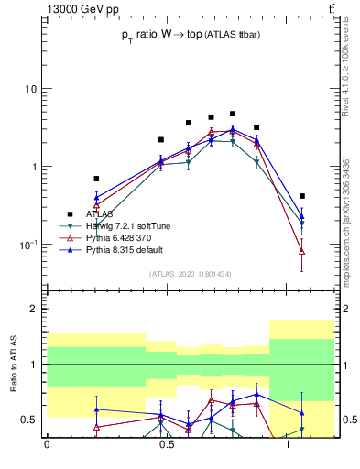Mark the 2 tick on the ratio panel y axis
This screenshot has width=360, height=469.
34,310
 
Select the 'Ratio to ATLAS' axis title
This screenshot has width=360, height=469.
16,365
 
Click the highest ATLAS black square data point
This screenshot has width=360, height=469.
233,114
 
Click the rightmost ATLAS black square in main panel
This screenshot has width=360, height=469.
302,196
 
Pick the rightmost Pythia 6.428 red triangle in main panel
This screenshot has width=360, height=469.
302,251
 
